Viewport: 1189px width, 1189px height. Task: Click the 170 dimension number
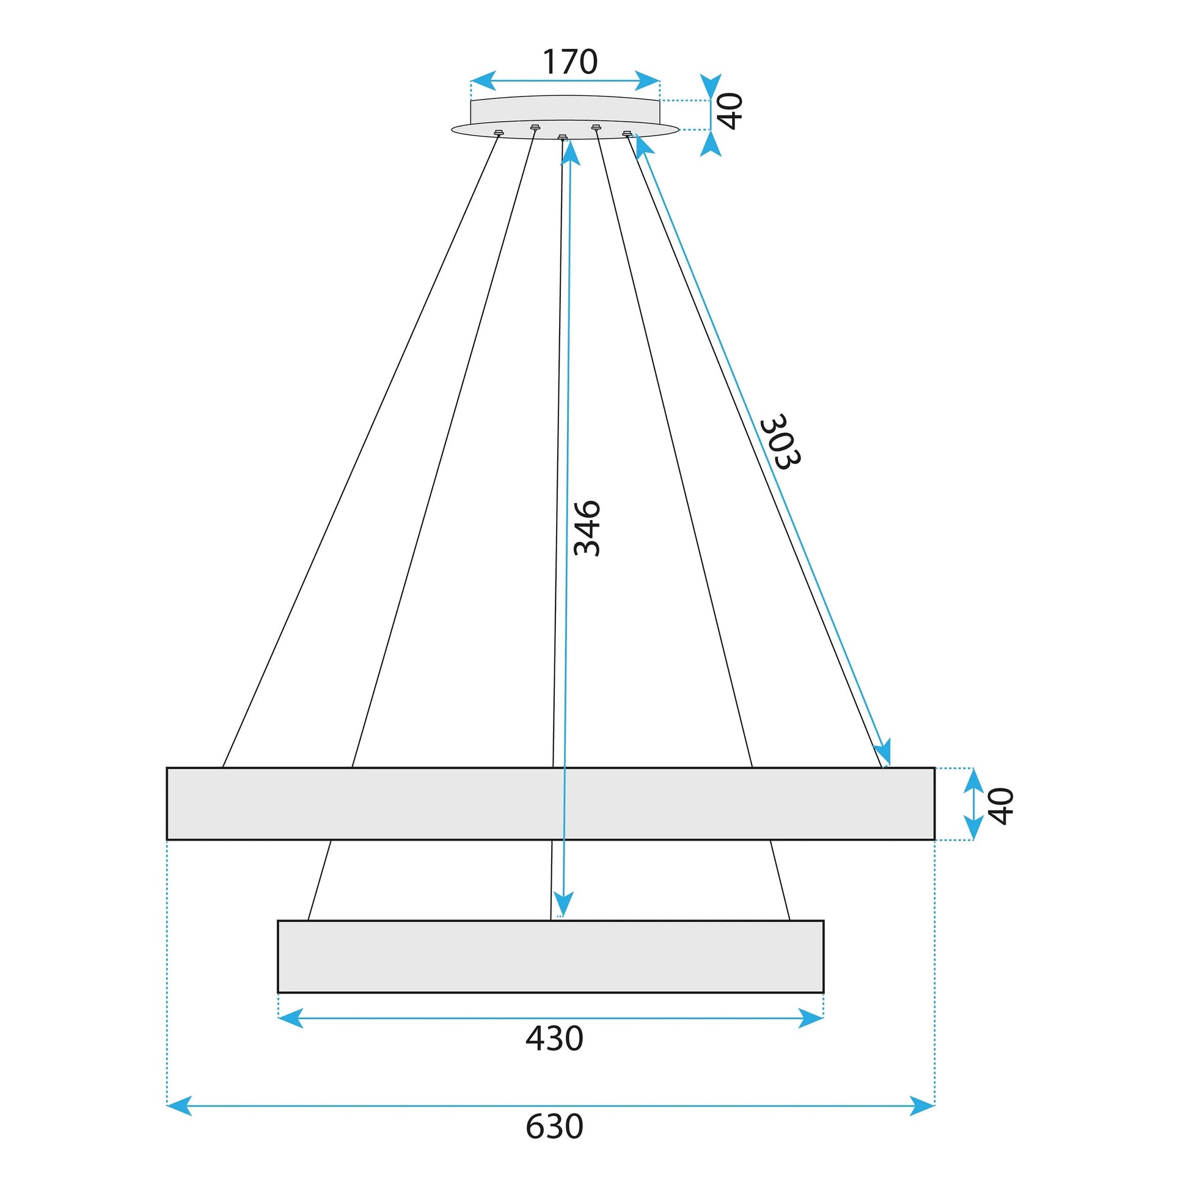tap(569, 62)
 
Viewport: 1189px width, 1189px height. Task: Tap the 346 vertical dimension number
tap(587, 528)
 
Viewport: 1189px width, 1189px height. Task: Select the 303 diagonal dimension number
tap(780, 442)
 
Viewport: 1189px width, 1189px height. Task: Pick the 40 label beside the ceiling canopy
tap(731, 111)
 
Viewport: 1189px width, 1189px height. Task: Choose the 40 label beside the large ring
tap(1002, 805)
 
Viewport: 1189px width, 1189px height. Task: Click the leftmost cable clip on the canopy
tap(499, 133)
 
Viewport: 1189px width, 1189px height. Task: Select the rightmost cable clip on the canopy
tap(627, 133)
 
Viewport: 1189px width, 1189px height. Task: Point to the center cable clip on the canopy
tap(562, 137)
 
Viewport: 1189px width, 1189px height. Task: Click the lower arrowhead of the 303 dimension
tap(883, 752)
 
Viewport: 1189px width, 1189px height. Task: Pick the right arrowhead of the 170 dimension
tap(648, 80)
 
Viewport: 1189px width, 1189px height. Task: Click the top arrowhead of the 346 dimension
tap(570, 153)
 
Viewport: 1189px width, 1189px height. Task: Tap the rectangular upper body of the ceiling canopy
tap(565, 109)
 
